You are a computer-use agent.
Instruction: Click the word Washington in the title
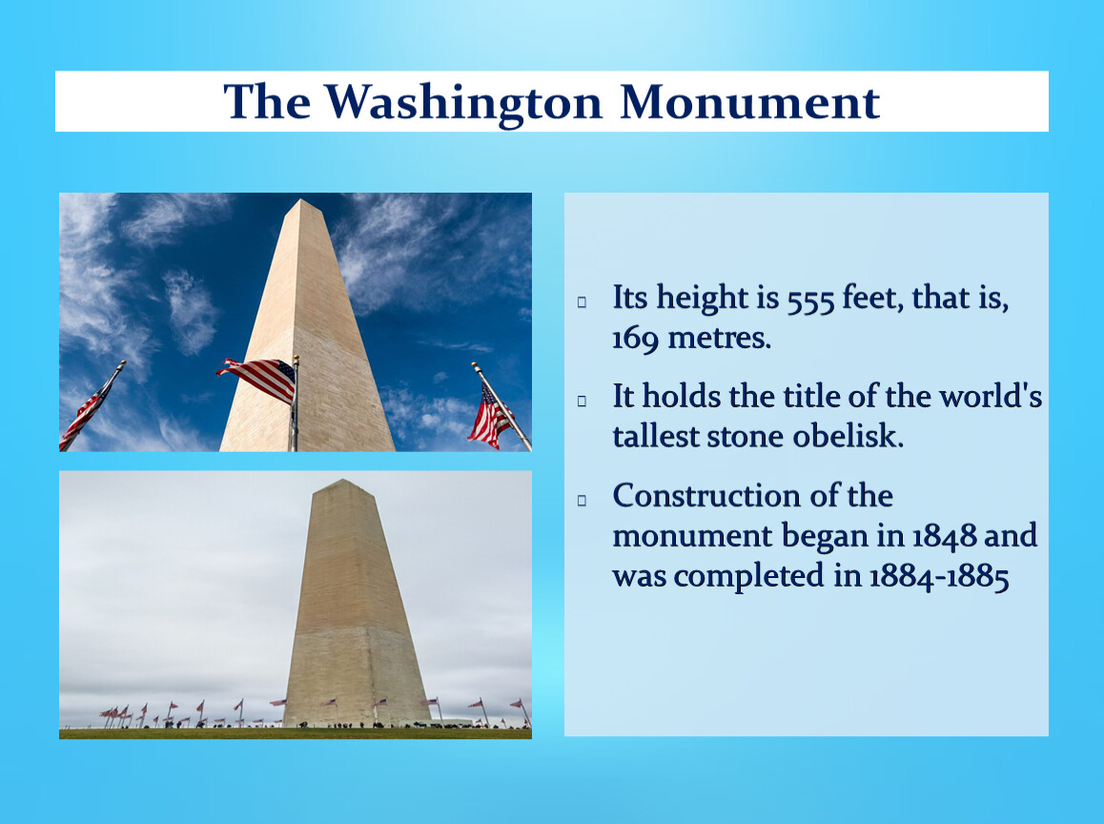pyautogui.click(x=463, y=103)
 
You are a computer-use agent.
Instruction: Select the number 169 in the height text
pyautogui.click(x=636, y=339)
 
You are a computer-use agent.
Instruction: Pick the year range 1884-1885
pyautogui.click(x=939, y=577)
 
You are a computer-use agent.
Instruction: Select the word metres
pyautogui.click(x=719, y=338)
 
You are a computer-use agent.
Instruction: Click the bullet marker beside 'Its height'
pyautogui.click(x=583, y=302)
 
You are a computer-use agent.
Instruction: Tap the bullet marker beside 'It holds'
pyautogui.click(x=583, y=401)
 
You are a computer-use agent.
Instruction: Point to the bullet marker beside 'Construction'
pyautogui.click(x=583, y=501)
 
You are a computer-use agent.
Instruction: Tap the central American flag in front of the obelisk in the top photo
pyautogui.click(x=257, y=380)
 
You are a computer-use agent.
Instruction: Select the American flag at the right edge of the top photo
pyautogui.click(x=491, y=416)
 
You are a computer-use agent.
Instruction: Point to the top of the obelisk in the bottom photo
pyautogui.click(x=343, y=481)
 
